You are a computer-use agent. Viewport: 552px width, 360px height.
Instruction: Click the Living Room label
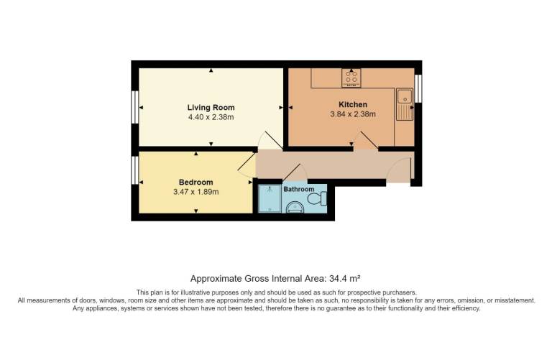[211, 107]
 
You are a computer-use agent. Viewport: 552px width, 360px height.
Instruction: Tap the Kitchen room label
[353, 104]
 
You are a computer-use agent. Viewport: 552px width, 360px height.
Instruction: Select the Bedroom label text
[195, 183]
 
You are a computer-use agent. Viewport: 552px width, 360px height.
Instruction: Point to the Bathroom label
[298, 189]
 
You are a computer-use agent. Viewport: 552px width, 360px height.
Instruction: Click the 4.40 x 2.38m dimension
[211, 117]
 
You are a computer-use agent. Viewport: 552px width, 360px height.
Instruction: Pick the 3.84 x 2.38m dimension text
[353, 114]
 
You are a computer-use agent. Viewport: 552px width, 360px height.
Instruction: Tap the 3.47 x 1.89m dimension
[195, 192]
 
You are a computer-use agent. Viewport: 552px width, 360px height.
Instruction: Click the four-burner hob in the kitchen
[351, 78]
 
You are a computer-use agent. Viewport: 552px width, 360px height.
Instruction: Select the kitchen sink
[405, 104]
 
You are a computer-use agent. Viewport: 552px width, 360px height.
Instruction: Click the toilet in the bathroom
[317, 198]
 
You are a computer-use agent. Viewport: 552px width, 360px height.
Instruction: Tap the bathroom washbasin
[294, 207]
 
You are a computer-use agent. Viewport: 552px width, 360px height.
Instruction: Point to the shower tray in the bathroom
[270, 199]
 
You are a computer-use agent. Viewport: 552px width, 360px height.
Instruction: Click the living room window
[135, 107]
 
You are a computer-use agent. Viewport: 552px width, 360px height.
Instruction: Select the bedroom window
[135, 170]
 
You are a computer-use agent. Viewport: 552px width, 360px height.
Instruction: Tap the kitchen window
[418, 88]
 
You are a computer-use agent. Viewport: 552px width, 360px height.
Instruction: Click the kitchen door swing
[366, 141]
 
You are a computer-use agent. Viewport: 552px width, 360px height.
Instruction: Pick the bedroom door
[247, 165]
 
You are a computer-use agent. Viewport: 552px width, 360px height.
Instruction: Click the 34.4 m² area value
[344, 279]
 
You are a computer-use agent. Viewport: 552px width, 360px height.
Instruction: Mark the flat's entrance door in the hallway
[399, 170]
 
